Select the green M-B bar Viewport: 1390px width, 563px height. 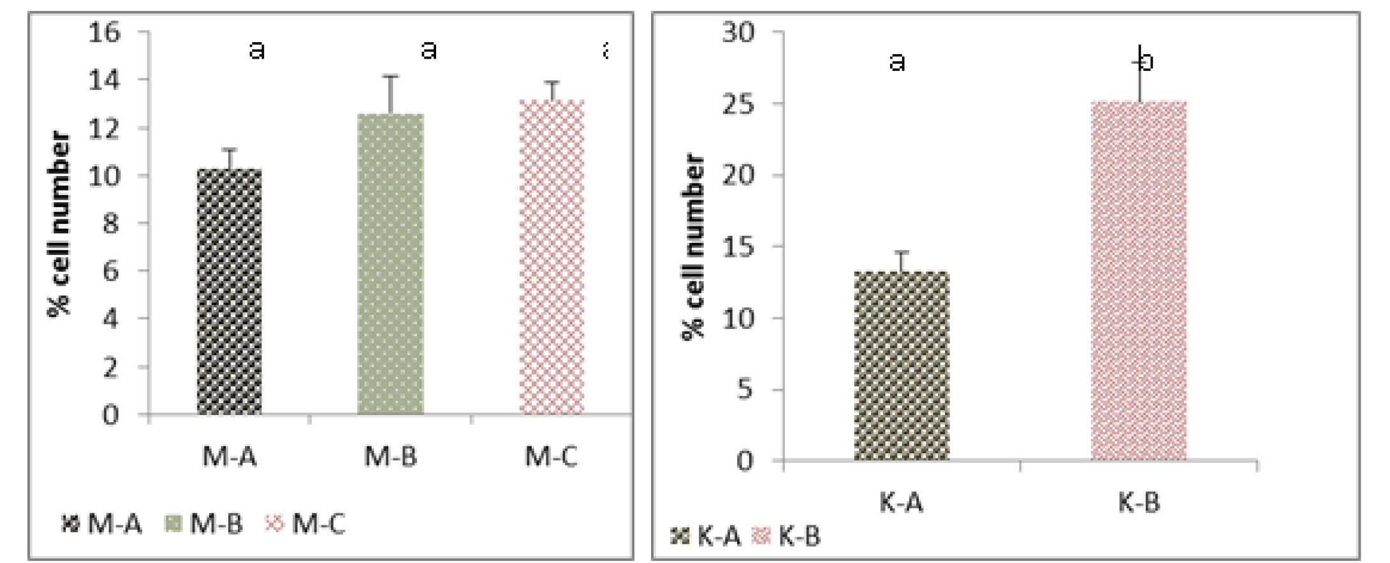coord(390,265)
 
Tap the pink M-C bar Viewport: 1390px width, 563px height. coord(552,258)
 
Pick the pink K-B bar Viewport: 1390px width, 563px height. coord(1139,281)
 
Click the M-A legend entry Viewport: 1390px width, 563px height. coord(102,524)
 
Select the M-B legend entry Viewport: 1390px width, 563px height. coord(204,524)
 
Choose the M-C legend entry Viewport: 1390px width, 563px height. coord(305,524)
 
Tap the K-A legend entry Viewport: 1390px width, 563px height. coord(706,536)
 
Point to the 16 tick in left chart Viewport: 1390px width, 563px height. coord(104,32)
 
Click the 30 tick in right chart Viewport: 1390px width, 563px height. coord(738,32)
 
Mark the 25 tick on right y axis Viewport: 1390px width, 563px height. coord(738,104)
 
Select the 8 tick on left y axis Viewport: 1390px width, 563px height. coord(111,224)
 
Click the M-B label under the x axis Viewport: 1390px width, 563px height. coord(390,457)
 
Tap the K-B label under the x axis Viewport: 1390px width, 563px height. coord(1139,502)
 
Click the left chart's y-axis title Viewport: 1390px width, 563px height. coord(59,223)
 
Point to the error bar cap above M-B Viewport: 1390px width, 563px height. coord(390,77)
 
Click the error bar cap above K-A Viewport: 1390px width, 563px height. coord(902,252)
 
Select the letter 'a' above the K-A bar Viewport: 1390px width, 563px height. coord(897,62)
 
